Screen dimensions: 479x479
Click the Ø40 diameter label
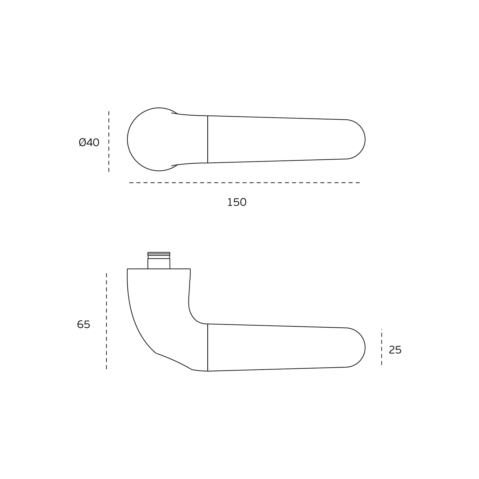pyautogui.click(x=89, y=143)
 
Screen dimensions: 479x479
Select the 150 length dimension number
pyautogui.click(x=237, y=203)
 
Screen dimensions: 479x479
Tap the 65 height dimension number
pyautogui.click(x=84, y=324)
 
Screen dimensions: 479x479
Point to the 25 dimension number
pyautogui.click(x=395, y=350)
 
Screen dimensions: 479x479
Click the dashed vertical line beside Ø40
pyautogui.click(x=109, y=142)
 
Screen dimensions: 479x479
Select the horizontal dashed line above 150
pyautogui.click(x=245, y=183)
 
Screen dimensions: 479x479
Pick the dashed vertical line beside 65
pyautogui.click(x=106, y=321)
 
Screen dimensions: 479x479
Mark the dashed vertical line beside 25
pyautogui.click(x=382, y=347)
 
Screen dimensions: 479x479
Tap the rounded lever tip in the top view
pyautogui.click(x=365, y=139)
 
